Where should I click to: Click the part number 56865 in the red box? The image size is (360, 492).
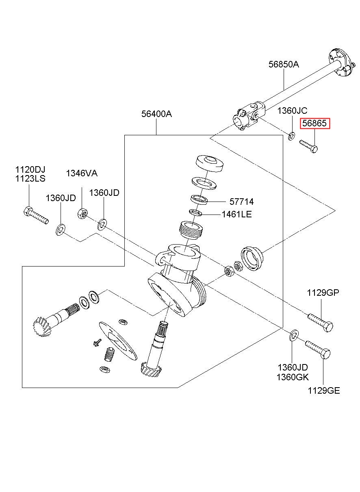[x=315, y=124]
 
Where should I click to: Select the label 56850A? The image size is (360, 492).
[x=283, y=64]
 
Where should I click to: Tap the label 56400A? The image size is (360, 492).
[x=156, y=114]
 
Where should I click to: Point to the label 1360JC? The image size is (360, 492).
[x=292, y=111]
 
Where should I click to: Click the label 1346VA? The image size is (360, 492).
[x=82, y=174]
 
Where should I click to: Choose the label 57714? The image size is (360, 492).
[x=241, y=202]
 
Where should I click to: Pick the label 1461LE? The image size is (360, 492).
[x=236, y=214]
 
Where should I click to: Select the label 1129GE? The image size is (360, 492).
[x=323, y=391]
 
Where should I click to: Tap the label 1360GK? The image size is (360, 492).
[x=293, y=377]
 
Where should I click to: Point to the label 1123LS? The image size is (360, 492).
[x=30, y=178]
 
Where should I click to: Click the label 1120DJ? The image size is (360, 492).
[x=30, y=169]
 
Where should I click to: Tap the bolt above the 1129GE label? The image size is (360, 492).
[x=318, y=349]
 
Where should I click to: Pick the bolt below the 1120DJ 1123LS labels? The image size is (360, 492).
[x=36, y=215]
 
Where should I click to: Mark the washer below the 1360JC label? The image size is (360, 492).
[x=292, y=136]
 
